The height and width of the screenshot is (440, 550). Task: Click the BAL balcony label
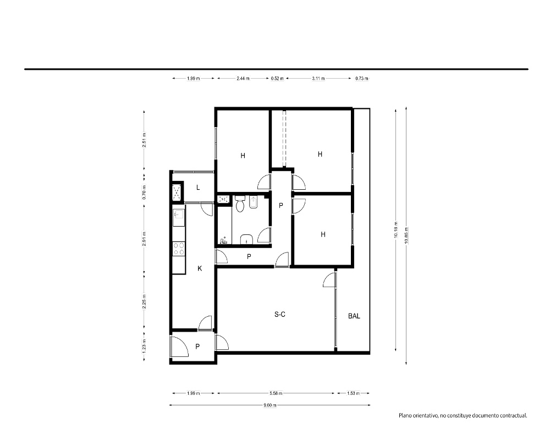tap(354, 316)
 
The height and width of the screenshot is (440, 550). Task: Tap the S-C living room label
tap(279, 315)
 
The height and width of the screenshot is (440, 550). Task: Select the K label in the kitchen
tap(200, 268)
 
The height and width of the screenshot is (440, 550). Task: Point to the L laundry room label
tap(198, 188)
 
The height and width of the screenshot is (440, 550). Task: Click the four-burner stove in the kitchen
tap(179, 249)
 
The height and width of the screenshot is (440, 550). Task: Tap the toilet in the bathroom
tap(240, 204)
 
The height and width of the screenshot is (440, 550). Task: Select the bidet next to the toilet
tap(253, 202)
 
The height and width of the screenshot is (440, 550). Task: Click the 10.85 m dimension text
tap(406, 235)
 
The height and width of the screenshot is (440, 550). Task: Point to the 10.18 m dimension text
tap(395, 230)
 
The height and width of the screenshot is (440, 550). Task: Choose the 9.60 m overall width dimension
tap(269, 405)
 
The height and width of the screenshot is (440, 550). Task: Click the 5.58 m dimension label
tap(276, 393)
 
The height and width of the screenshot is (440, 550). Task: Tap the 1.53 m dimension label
tap(353, 393)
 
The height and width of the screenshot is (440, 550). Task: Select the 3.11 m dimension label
tap(318, 79)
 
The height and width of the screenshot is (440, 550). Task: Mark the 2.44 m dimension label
tap(243, 79)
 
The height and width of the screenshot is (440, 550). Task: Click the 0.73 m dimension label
tap(362, 79)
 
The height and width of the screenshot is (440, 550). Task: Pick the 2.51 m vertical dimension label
tap(144, 140)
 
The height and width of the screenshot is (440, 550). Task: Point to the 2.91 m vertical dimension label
tap(144, 239)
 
